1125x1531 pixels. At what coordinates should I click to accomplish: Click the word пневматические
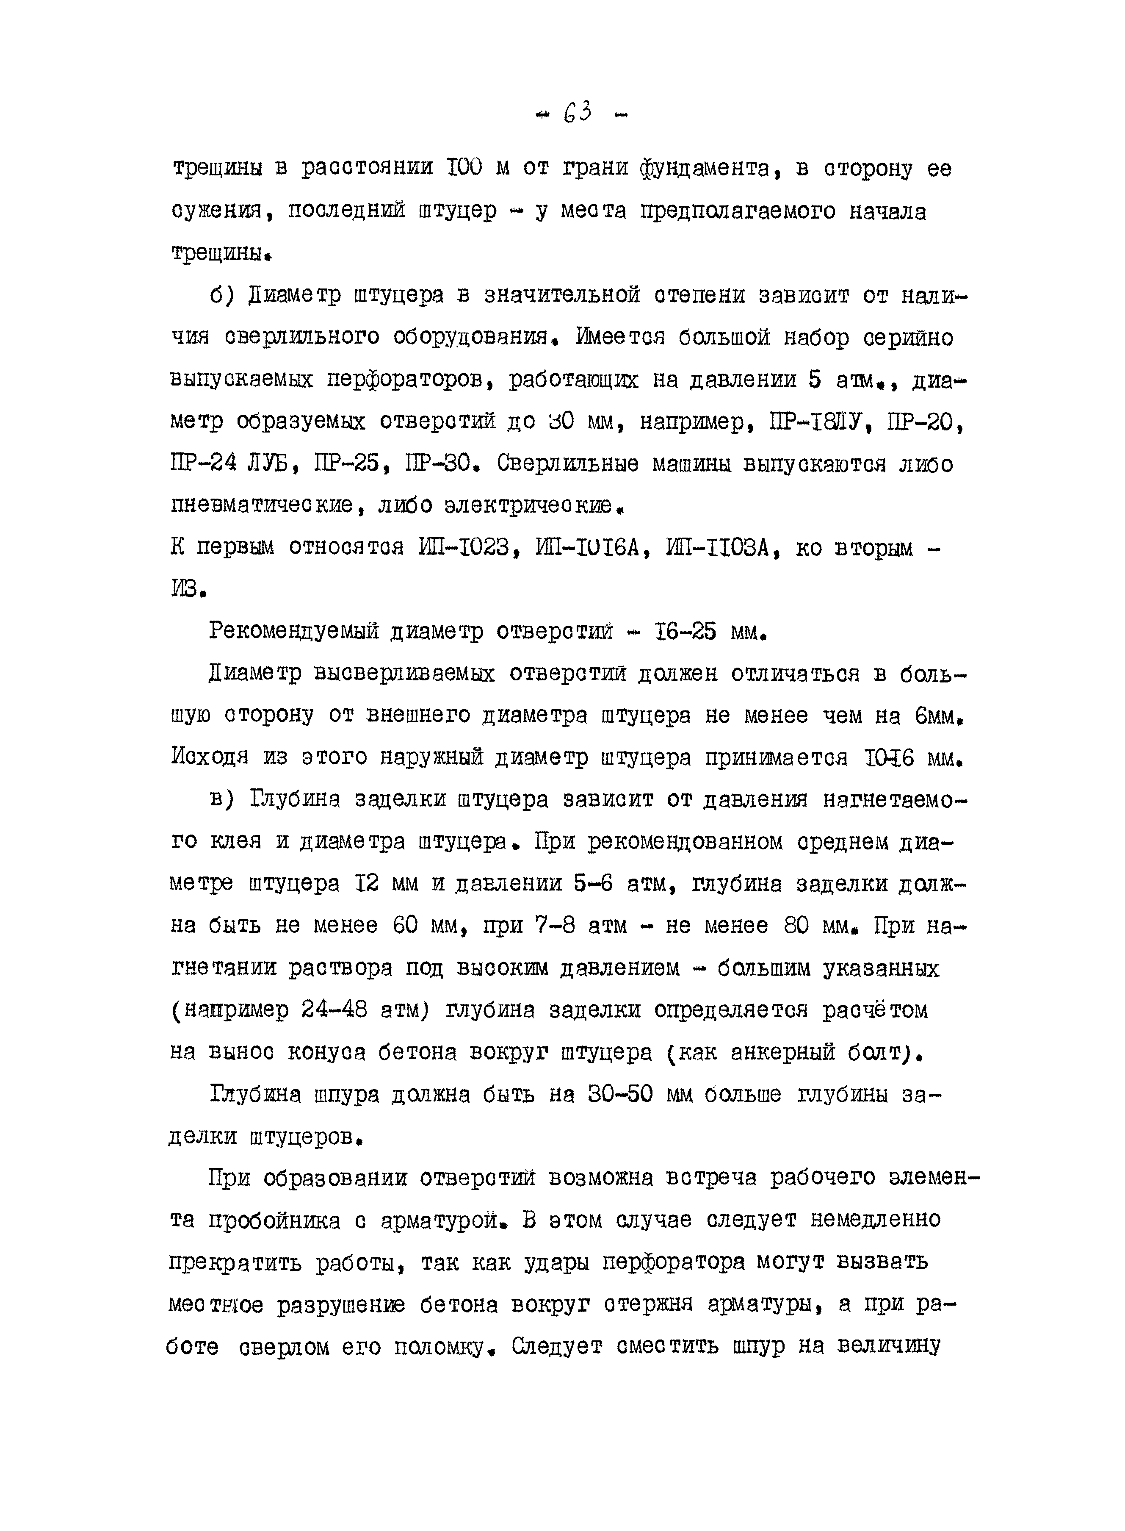click(271, 505)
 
